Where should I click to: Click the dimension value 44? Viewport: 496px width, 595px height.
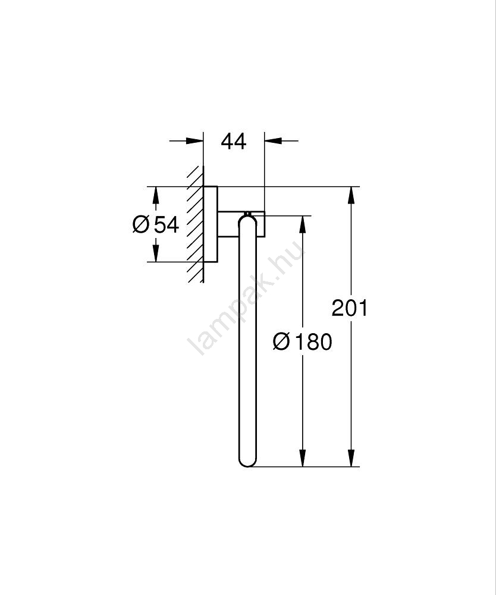tap(234, 142)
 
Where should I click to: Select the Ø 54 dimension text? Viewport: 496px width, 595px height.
tap(156, 225)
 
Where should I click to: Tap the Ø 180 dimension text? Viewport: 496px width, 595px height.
tap(302, 342)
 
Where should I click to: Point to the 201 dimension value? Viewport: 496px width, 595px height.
tap(350, 308)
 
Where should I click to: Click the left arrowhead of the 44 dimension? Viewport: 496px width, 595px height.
tap(194, 141)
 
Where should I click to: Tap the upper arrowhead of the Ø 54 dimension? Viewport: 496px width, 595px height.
tap(155, 196)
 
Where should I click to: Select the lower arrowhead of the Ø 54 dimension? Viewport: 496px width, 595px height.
tap(155, 253)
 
